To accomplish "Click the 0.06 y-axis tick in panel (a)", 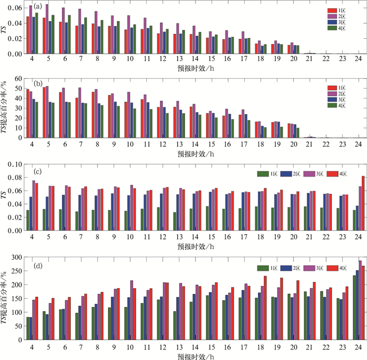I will coord(15,8).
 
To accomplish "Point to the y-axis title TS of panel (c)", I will coord(6,198).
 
